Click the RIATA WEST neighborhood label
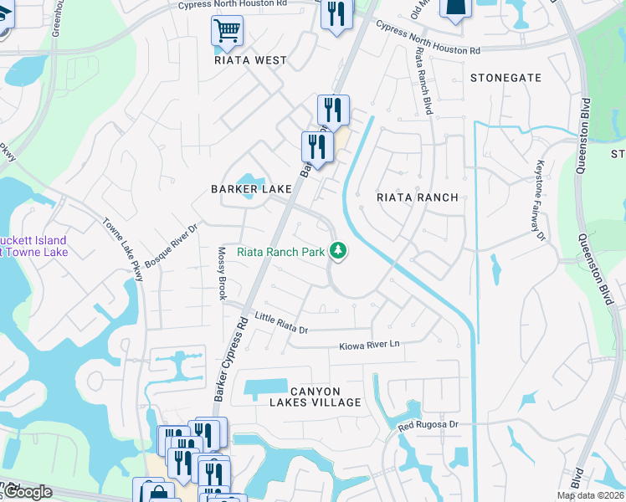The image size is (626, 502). tap(250, 60)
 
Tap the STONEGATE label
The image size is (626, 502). tap(505, 78)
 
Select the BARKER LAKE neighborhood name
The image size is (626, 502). tap(251, 189)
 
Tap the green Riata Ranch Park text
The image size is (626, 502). tap(280, 251)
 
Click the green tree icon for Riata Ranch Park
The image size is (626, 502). tap(338, 250)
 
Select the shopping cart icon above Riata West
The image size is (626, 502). tap(227, 32)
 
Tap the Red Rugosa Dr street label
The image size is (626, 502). tap(428, 425)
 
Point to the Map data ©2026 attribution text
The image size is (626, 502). tap(590, 495)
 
